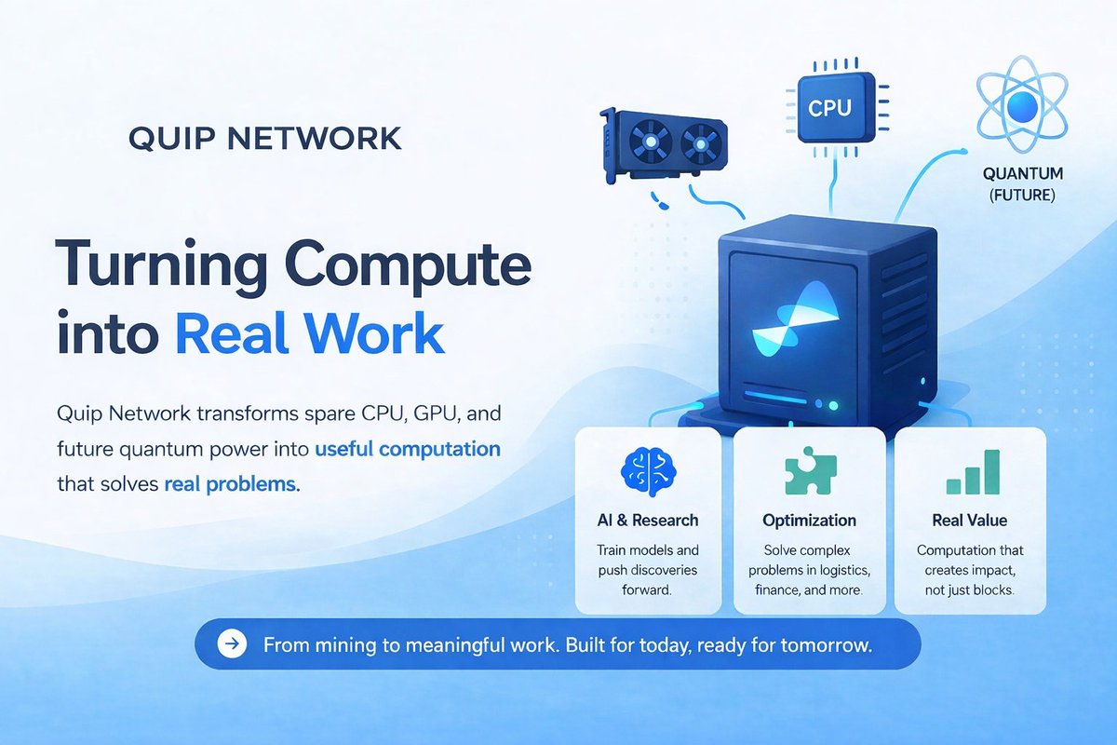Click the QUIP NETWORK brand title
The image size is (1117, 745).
[x=265, y=139]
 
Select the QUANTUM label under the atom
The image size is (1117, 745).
[x=1023, y=174]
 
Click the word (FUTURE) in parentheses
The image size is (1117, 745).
[x=1023, y=196]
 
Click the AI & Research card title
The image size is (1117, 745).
[x=648, y=520]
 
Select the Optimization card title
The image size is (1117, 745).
[x=809, y=520]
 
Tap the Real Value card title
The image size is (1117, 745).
[x=969, y=520]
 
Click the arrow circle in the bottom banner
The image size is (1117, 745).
[x=231, y=643]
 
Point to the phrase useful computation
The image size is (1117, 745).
[x=408, y=449]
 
